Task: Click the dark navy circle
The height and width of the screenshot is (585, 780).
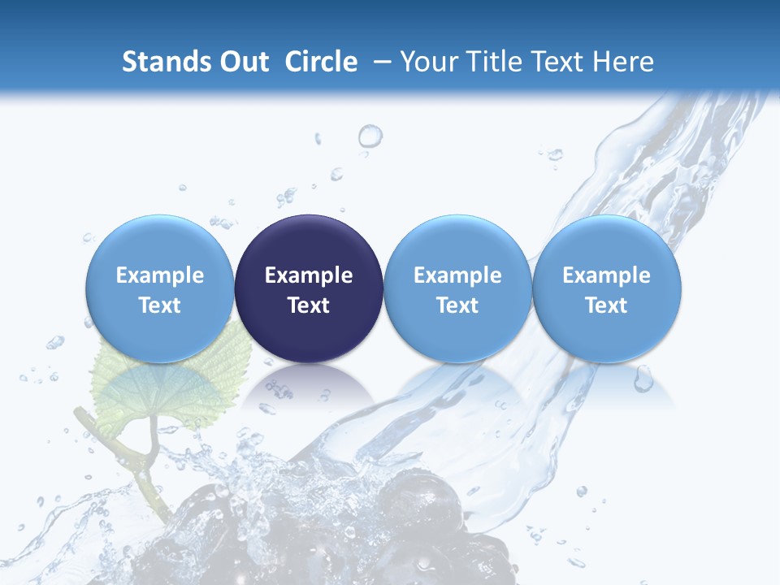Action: pos(309,288)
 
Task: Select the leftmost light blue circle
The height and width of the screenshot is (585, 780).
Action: pos(160,288)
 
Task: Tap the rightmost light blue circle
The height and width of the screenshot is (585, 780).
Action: pos(606,288)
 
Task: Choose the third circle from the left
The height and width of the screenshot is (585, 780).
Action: pos(457,288)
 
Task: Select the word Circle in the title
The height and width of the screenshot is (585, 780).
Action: pos(321,62)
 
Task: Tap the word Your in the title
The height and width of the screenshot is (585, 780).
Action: pos(430,62)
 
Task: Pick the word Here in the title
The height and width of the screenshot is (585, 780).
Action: pos(622,62)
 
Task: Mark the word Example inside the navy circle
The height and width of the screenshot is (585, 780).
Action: pos(309,275)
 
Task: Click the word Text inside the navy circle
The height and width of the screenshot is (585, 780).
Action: pos(309,305)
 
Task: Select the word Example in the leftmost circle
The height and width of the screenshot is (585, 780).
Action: pos(160,275)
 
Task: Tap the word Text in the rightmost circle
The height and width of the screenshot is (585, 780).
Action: pos(606,305)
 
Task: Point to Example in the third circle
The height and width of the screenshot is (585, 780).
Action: pos(457,275)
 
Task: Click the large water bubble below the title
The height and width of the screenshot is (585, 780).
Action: pos(370,136)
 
